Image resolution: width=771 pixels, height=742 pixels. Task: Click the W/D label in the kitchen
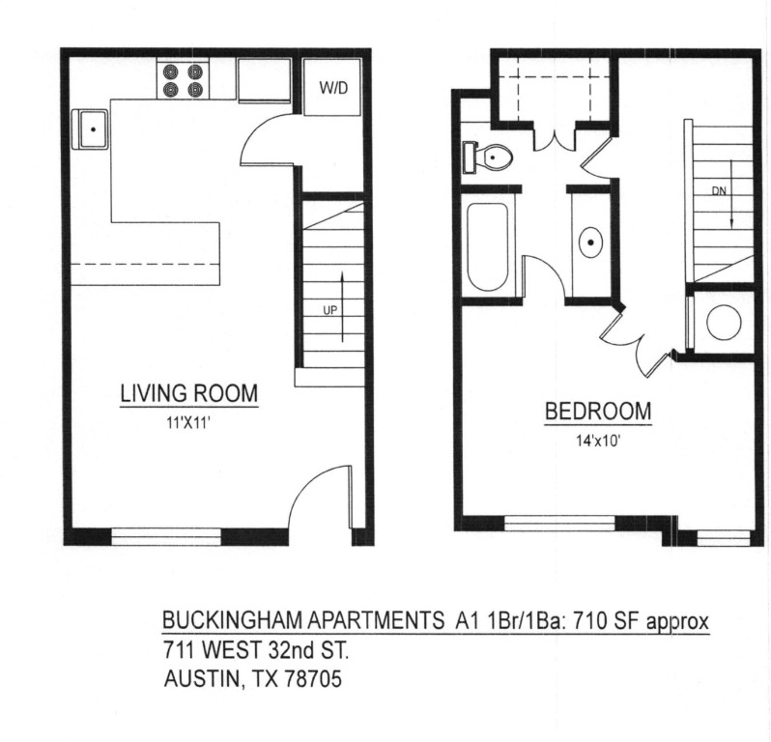pyautogui.click(x=332, y=89)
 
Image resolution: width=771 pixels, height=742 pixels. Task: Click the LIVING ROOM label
pyautogui.click(x=188, y=393)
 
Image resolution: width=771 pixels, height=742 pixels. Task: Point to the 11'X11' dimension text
pyautogui.click(x=189, y=420)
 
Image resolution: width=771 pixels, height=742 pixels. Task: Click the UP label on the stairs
pyautogui.click(x=328, y=310)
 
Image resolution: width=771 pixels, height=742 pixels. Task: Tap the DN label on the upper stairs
pyautogui.click(x=718, y=190)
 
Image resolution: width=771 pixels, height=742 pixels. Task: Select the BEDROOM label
pyautogui.click(x=598, y=411)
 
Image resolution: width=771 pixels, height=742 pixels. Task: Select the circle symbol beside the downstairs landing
pyautogui.click(x=723, y=323)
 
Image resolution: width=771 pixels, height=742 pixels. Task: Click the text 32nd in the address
pyautogui.click(x=290, y=649)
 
